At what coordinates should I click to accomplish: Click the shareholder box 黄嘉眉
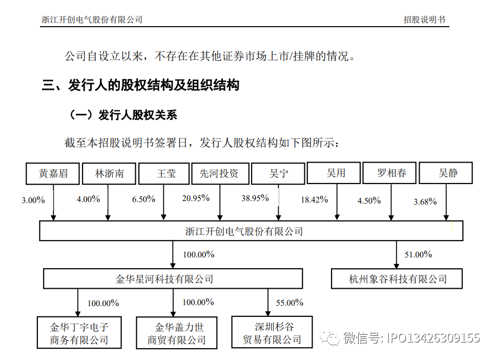pyautogui.click(x=52, y=173)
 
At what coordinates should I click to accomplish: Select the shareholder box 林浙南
pyautogui.click(x=109, y=173)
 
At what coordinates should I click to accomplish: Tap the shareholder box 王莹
pyautogui.click(x=164, y=173)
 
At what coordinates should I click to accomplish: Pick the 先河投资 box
pyautogui.click(x=220, y=173)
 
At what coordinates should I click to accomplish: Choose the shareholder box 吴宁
pyautogui.click(x=278, y=173)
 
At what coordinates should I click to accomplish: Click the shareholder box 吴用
pyautogui.click(x=334, y=173)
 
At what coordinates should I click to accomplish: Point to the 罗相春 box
pyautogui.click(x=389, y=173)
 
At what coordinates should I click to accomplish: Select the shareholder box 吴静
pyautogui.click(x=446, y=173)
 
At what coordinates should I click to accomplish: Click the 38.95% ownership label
pyautogui.click(x=255, y=198)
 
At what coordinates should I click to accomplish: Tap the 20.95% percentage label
pyautogui.click(x=196, y=198)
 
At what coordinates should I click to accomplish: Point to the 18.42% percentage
pyautogui.click(x=314, y=199)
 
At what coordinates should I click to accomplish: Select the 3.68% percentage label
pyautogui.click(x=425, y=202)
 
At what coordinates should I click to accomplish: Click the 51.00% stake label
pyautogui.click(x=418, y=254)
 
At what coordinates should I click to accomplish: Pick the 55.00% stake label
pyautogui.click(x=290, y=303)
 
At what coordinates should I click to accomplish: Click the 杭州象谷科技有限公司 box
pyautogui.click(x=397, y=278)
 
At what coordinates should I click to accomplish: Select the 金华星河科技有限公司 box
pyautogui.click(x=173, y=278)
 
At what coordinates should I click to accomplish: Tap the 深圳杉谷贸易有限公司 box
pyautogui.click(x=272, y=332)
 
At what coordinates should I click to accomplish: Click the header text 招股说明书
pyautogui.click(x=424, y=19)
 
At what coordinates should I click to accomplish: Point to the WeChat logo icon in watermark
pyautogui.click(x=329, y=337)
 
